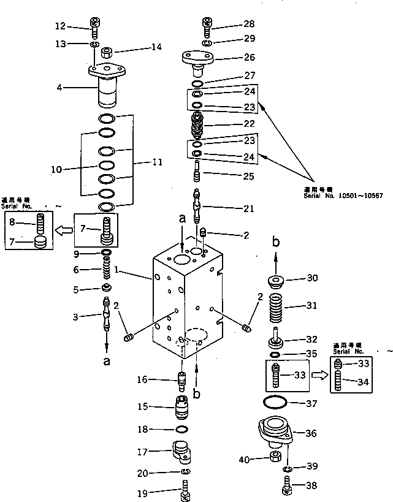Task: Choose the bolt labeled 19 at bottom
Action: pos(185,491)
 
